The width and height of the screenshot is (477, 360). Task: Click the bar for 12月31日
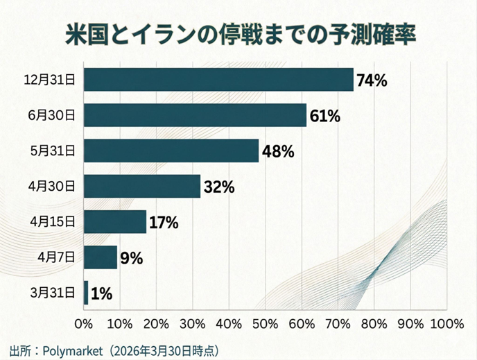[218, 79]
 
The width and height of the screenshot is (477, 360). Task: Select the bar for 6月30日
[195, 115]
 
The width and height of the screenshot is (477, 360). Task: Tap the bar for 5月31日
[171, 151]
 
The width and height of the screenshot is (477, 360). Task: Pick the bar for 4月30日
[142, 186]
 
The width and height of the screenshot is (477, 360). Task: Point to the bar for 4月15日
[115, 221]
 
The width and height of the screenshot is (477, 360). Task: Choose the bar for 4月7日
[101, 257]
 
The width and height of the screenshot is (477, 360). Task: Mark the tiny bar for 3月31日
[86, 293]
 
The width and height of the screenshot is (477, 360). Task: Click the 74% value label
[372, 80]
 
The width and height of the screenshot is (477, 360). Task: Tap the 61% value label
[324, 116]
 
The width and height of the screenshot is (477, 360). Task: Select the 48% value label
[278, 151]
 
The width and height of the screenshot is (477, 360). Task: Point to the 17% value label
[164, 223]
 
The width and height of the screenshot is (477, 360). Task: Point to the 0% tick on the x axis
[83, 323]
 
